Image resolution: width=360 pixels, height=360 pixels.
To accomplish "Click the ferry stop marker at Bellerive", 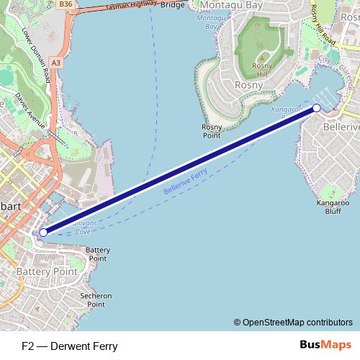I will point(317,108).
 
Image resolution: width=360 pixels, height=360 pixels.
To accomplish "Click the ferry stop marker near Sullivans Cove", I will point(43,233).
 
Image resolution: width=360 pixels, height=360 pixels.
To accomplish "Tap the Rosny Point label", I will point(211,130).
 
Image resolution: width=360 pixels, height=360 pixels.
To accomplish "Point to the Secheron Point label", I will point(96,300).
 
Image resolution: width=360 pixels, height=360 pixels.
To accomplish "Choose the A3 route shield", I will point(56,63).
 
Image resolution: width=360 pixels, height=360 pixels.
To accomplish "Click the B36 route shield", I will point(66,4).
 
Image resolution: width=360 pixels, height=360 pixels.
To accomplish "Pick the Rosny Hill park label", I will point(261,70).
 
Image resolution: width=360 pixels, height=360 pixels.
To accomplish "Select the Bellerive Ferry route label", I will point(186,184).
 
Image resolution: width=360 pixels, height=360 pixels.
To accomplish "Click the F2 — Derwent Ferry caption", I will point(70,346).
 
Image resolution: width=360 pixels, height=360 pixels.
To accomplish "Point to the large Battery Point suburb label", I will point(47,271).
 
